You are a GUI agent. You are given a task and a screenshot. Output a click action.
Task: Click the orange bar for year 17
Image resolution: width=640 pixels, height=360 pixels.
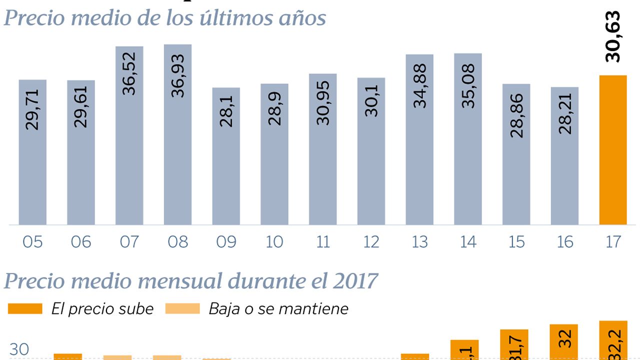pos(612,150)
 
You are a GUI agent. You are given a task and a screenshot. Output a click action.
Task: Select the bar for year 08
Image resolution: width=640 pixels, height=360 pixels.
pos(177,135)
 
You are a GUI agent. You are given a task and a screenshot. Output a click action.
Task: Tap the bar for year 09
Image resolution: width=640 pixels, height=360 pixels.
pos(226,156)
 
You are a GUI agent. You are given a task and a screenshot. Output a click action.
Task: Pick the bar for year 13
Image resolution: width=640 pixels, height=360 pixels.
pos(419,139)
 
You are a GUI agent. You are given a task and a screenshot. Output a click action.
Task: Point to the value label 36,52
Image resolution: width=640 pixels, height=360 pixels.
pos(129,75)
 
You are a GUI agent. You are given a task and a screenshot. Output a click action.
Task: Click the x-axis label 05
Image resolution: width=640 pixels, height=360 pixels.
pos(32,242)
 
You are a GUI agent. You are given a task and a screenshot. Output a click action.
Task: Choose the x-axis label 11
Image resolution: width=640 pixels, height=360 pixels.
pos(323,242)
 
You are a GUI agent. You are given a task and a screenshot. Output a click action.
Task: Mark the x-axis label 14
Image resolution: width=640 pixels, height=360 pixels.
pos(468,242)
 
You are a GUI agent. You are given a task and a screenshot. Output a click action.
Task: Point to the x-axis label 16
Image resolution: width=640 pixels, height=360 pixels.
pos(565,242)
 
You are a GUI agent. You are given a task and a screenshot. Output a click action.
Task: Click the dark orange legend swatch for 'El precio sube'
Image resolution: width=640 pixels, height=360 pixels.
pos(25,308)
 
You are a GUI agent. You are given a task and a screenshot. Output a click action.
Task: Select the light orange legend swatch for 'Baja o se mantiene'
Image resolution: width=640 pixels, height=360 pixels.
pos(182,308)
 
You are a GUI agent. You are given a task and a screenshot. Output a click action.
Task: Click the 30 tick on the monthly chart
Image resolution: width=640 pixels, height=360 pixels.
pos(19,350)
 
